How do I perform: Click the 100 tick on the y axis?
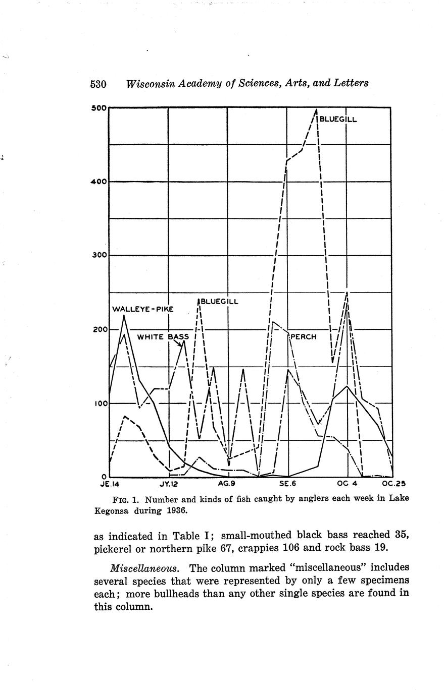(x=99, y=403)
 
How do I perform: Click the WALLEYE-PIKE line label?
(x=142, y=309)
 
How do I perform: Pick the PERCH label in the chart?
(x=303, y=336)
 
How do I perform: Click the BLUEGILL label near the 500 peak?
(x=338, y=120)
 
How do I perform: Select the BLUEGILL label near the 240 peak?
(x=220, y=302)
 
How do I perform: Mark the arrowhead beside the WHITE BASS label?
(x=180, y=344)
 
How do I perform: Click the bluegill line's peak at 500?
(x=317, y=109)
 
